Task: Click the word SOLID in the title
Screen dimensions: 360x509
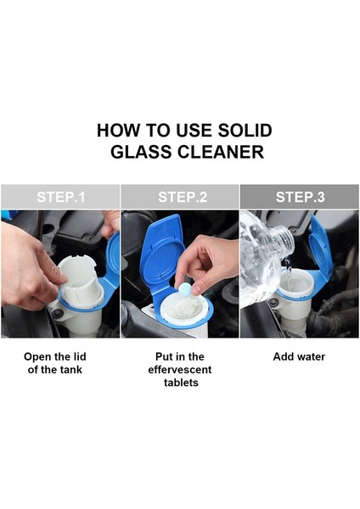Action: tap(245, 131)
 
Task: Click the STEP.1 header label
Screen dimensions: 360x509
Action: tap(61, 197)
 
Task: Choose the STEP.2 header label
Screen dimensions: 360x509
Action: tap(183, 197)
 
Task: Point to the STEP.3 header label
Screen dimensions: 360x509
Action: tap(300, 197)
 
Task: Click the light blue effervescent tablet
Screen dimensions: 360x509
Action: tap(184, 289)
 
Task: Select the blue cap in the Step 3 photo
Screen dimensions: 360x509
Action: tap(320, 248)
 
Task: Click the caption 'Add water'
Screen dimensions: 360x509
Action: tap(299, 357)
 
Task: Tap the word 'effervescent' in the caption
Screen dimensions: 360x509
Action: tap(180, 370)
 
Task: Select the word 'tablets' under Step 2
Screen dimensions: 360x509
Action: tap(181, 383)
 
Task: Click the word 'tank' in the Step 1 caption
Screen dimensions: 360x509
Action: tap(70, 370)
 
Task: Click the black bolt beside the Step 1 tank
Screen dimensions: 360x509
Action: tap(59, 313)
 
